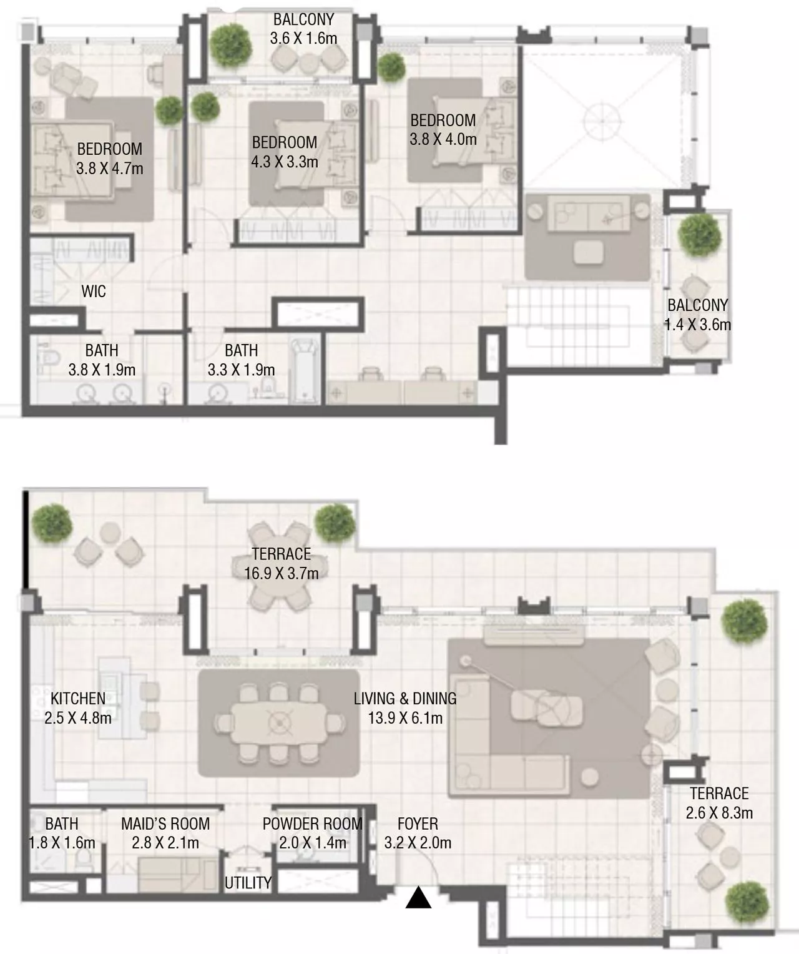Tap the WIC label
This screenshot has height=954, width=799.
tap(94, 291)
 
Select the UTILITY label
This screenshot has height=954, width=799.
tap(248, 883)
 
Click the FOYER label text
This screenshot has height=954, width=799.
tap(418, 824)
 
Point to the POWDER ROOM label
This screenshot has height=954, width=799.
tap(312, 824)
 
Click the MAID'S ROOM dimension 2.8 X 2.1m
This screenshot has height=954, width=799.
tap(165, 843)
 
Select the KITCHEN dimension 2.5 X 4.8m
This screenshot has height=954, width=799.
tap(78, 718)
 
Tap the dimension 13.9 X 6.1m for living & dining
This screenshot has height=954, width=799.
tap(405, 718)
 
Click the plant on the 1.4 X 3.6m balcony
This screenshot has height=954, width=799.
tap(699, 235)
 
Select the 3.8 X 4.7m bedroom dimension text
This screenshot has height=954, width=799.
tap(110, 169)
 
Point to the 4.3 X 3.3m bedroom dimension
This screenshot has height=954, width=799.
tap(285, 162)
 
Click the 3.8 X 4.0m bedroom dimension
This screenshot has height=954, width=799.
tap(443, 139)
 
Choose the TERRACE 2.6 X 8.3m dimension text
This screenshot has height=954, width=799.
tap(719, 813)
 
